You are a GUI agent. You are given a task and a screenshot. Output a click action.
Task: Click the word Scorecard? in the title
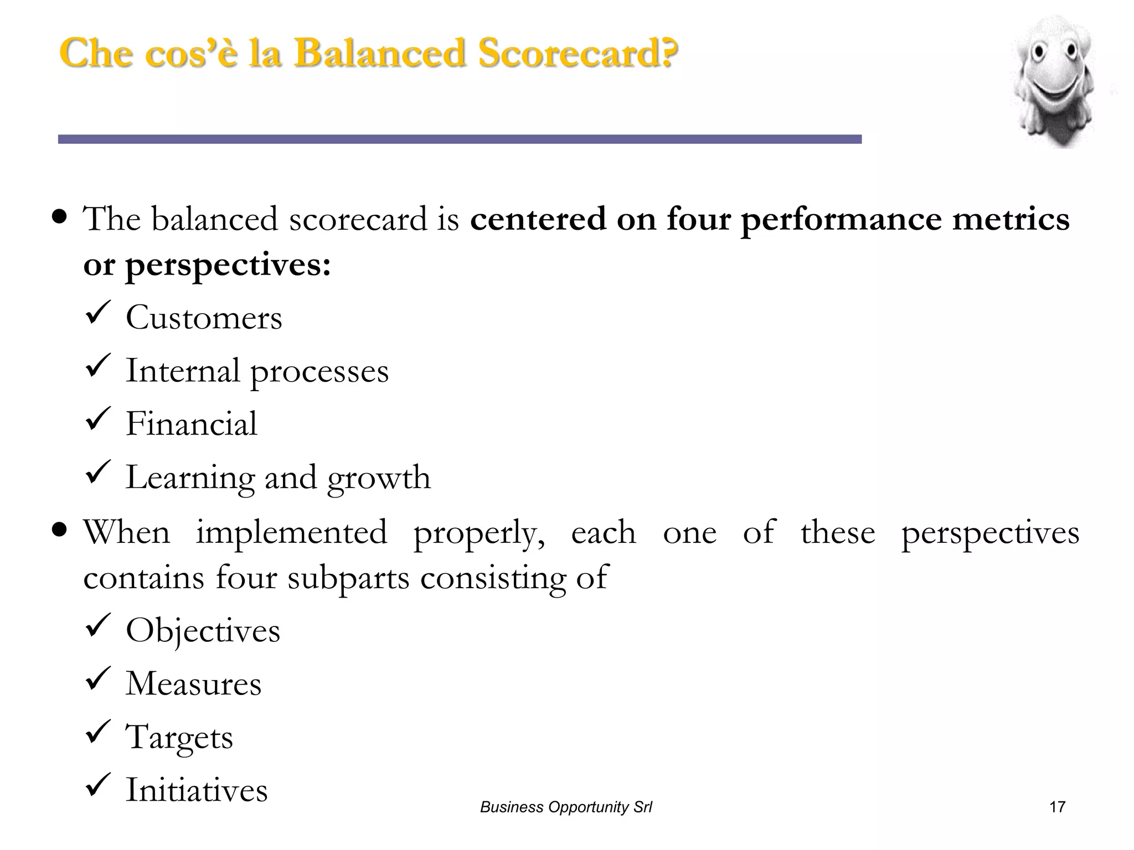point(578,54)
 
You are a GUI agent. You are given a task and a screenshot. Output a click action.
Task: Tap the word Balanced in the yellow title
point(379,54)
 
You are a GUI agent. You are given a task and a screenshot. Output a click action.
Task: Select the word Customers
point(204,318)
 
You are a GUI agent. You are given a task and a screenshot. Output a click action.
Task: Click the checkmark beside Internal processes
point(99,366)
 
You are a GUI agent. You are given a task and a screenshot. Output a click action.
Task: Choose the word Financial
point(192,424)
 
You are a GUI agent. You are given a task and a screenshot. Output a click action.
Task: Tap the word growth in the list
point(379,478)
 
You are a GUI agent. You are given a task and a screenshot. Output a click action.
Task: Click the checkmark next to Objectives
point(99,626)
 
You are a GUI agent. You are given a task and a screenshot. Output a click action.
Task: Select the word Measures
point(193,683)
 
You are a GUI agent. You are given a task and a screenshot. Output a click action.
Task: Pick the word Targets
point(179,737)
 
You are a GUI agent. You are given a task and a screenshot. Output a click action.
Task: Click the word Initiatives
point(197,790)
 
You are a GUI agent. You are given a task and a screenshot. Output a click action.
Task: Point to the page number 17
point(1057,807)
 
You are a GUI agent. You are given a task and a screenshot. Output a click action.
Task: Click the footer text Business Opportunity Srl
point(566,807)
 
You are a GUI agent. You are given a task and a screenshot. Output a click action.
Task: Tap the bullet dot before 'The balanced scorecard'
point(59,216)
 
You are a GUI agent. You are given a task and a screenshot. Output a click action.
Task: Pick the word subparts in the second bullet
point(348,578)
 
